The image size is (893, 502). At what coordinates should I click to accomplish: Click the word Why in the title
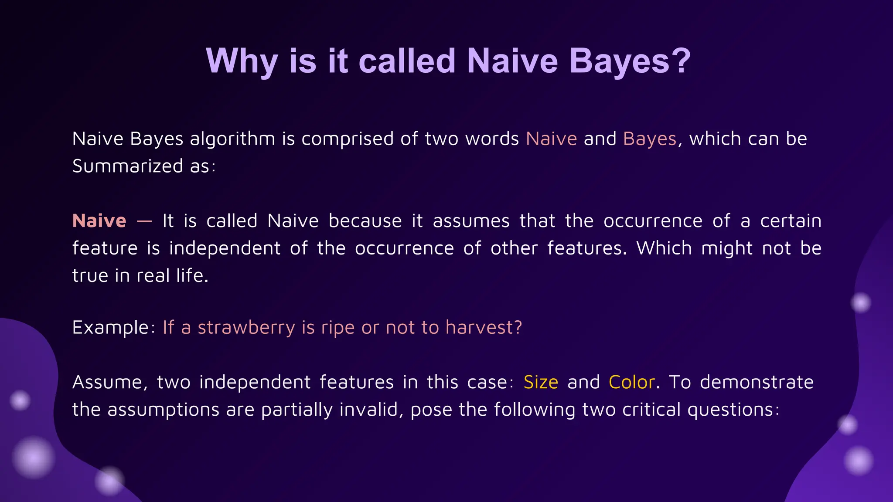click(x=242, y=61)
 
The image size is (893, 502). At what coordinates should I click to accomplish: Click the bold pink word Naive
click(x=99, y=221)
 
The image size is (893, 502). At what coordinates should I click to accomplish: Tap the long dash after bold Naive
click(x=144, y=221)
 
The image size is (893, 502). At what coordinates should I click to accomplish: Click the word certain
click(x=791, y=221)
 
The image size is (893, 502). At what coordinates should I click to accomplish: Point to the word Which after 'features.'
click(x=664, y=248)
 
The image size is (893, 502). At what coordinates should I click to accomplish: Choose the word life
click(x=192, y=276)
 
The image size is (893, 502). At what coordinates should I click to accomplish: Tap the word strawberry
click(x=246, y=328)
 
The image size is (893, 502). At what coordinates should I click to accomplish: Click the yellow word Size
click(x=541, y=383)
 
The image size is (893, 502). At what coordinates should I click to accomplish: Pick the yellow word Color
click(x=631, y=383)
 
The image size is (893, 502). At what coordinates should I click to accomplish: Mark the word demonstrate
click(x=757, y=383)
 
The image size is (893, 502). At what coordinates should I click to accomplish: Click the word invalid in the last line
click(x=371, y=410)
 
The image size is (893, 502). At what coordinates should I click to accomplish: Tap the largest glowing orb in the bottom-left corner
click(x=33, y=458)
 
